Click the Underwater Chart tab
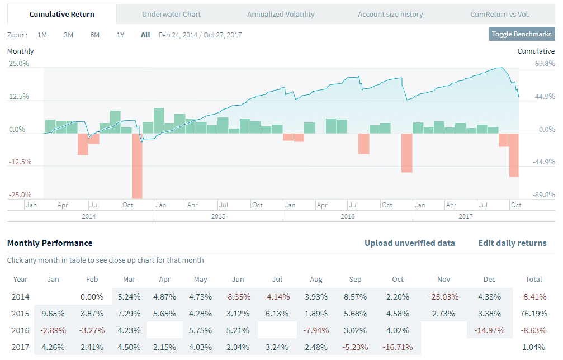[x=171, y=14]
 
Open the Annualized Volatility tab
[x=281, y=14]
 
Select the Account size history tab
[x=390, y=14]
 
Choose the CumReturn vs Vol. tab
[x=500, y=14]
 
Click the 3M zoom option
[x=68, y=35]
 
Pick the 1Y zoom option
[x=120, y=35]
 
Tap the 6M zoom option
[x=94, y=35]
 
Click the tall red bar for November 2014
[x=137, y=165]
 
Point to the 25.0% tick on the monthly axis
[x=19, y=63]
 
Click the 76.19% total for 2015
[x=534, y=314]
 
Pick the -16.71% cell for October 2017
[x=398, y=347]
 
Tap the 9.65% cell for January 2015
[x=54, y=314]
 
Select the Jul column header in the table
[x=277, y=280]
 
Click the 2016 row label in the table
[x=21, y=330]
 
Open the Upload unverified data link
[x=409, y=243]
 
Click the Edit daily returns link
[x=512, y=243]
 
